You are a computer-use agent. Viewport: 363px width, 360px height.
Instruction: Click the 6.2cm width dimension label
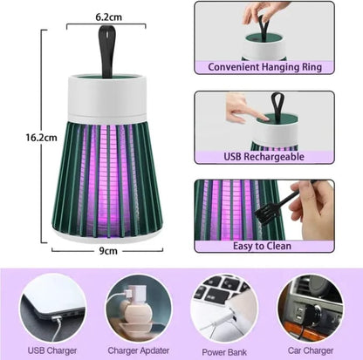[x=108, y=17]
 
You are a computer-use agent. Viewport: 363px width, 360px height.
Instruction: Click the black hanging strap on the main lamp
[x=108, y=49]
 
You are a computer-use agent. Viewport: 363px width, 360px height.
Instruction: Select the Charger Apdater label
[x=137, y=350]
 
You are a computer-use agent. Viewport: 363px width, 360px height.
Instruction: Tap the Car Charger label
[x=307, y=350]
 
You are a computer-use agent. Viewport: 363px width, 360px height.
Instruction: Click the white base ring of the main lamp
[x=108, y=234]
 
